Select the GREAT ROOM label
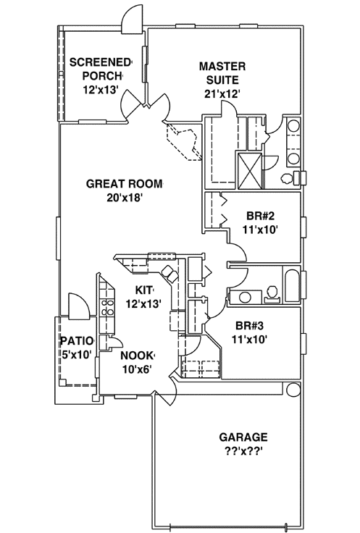tap(125, 183)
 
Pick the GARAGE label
tap(243, 437)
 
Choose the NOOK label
tap(136, 355)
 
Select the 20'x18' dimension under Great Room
tap(125, 198)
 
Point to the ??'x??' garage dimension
tap(243, 451)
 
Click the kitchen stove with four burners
tap(108, 307)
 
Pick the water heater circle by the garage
tap(293, 390)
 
